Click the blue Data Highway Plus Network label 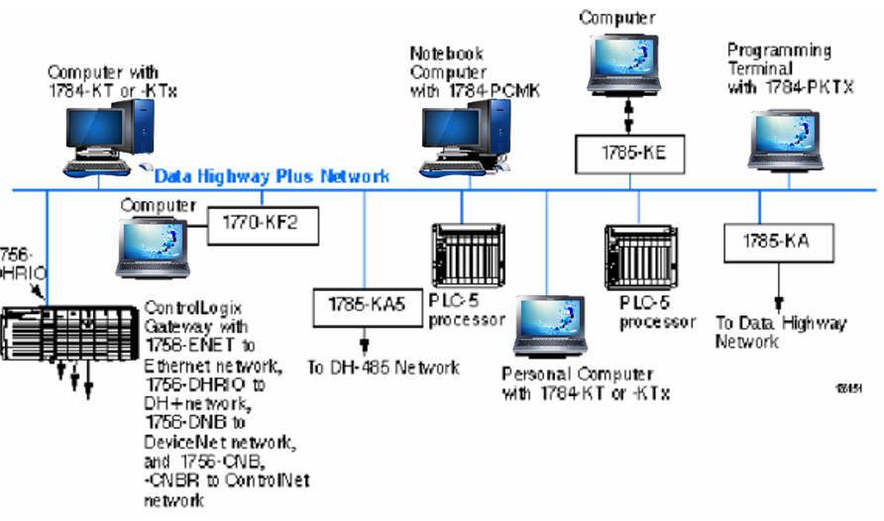[x=273, y=176]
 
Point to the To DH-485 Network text [x=384, y=367]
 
